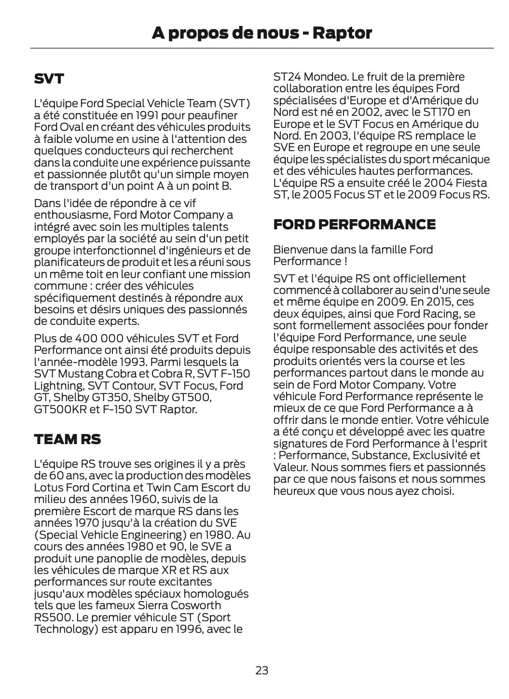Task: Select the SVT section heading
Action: (49, 79)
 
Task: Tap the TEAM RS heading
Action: (68, 439)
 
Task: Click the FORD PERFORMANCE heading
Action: (354, 224)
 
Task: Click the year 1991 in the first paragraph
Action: (146, 115)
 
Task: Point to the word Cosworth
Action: (197, 605)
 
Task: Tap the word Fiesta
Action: (470, 183)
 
